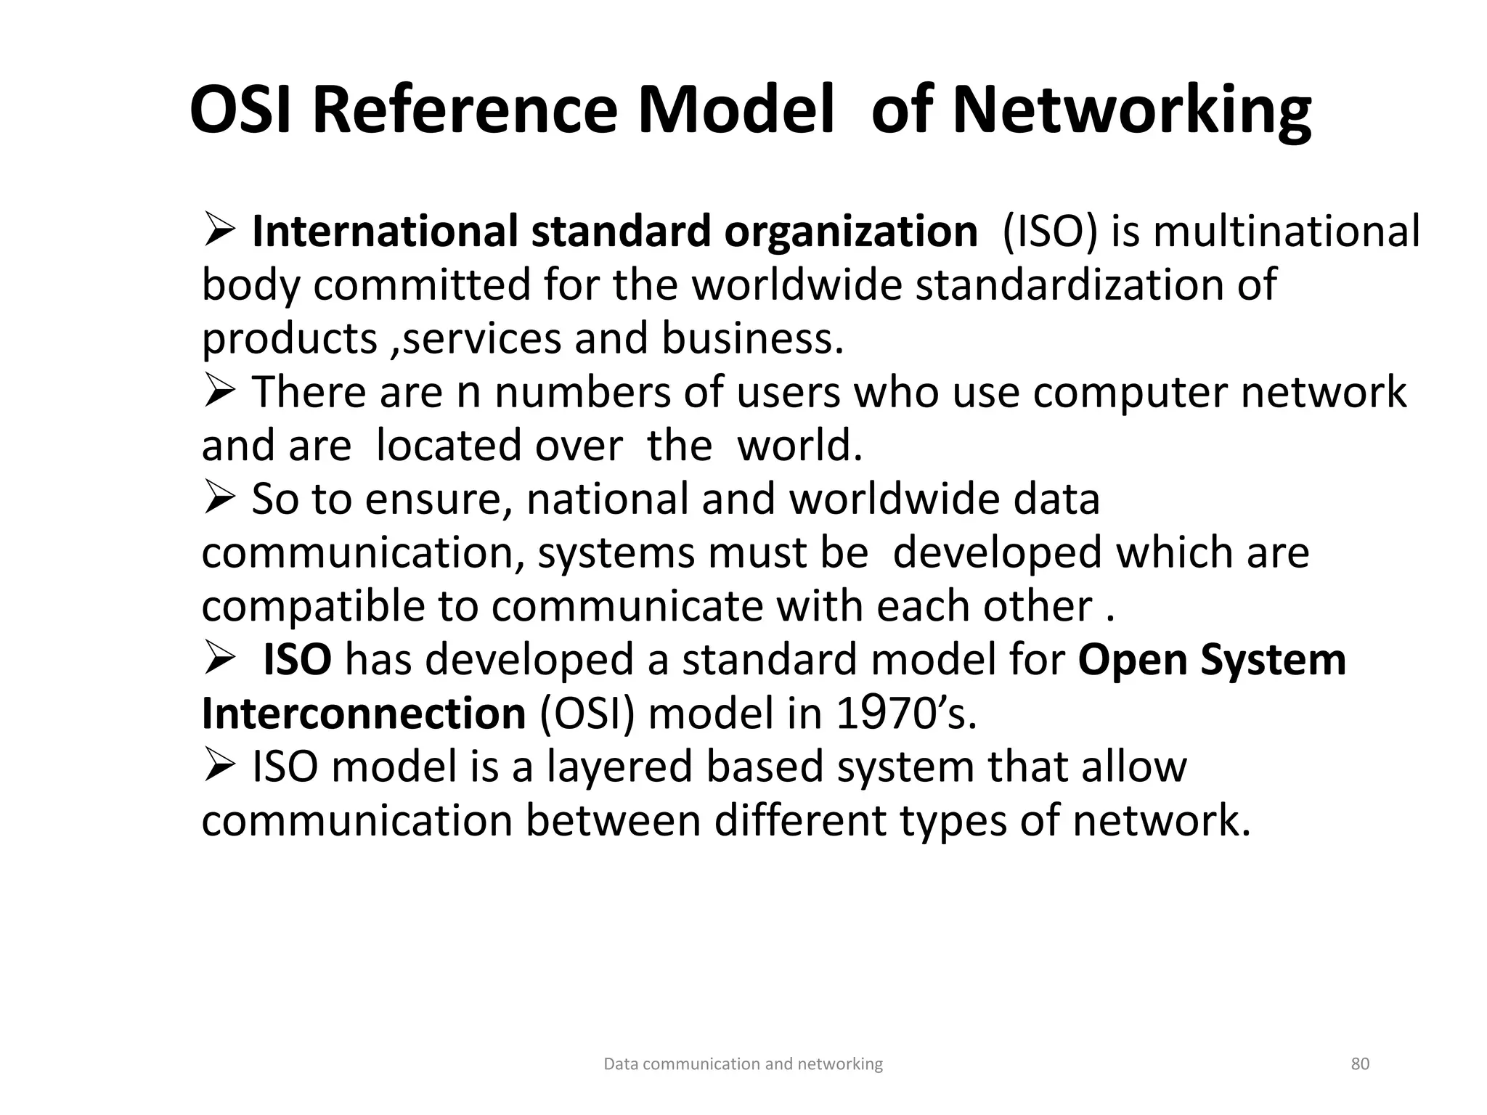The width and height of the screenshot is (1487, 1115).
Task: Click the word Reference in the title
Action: pyautogui.click(x=465, y=110)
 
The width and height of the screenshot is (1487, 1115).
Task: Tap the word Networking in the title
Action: pyautogui.click(x=1132, y=110)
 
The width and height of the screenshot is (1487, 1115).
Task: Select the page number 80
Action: pyautogui.click(x=1360, y=1064)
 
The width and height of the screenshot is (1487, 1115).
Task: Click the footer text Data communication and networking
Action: pyautogui.click(x=743, y=1064)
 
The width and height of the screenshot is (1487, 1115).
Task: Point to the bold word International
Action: pyautogui.click(x=386, y=232)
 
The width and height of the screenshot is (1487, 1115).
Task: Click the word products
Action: pyautogui.click(x=290, y=339)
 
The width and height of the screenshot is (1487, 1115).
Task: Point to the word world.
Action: pyautogui.click(x=799, y=446)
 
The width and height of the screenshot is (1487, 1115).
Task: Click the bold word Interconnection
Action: pyautogui.click(x=363, y=714)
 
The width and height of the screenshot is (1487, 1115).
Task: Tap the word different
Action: pyautogui.click(x=800, y=821)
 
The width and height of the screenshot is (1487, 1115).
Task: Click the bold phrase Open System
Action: pyautogui.click(x=1212, y=660)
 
